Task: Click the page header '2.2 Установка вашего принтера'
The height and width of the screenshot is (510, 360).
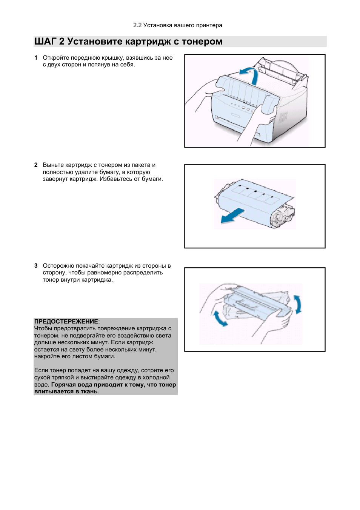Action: click(177, 25)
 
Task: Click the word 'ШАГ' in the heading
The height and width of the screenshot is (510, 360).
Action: click(45, 42)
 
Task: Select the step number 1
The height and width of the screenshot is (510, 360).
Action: click(36, 58)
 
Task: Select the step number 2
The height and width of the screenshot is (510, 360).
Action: click(36, 165)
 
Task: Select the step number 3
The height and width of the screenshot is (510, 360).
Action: click(36, 266)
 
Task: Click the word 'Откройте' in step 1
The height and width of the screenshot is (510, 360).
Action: click(56, 58)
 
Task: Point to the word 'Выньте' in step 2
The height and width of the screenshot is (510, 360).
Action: click(53, 165)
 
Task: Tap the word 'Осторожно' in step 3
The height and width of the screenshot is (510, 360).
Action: click(58, 266)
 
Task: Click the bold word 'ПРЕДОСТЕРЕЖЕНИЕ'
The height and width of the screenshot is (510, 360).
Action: click(66, 322)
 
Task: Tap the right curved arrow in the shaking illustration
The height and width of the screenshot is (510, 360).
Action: click(298, 304)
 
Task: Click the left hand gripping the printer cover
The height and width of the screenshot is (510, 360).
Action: click(206, 91)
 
